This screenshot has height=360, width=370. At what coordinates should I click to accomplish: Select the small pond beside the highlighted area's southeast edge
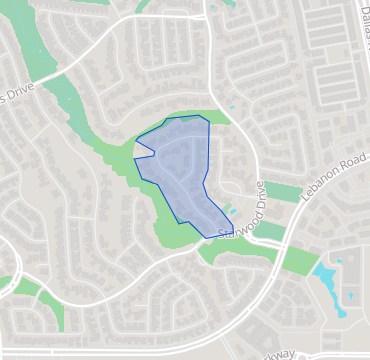click(234, 211)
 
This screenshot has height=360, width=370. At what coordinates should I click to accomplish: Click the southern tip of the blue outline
click(206, 237)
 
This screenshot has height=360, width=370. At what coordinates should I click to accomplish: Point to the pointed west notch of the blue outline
click(153, 152)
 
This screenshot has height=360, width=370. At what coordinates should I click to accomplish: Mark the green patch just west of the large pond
click(297, 260)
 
